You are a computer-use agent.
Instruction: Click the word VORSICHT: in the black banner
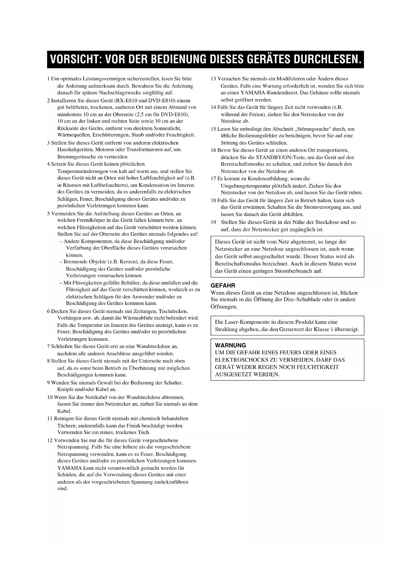click(75, 59)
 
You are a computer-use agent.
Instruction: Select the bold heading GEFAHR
click(223, 286)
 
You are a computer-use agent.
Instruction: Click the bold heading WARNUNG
click(230, 345)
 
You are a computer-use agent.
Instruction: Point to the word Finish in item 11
click(145, 426)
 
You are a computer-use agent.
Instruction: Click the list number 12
click(50, 440)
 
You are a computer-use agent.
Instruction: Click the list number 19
click(213, 222)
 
